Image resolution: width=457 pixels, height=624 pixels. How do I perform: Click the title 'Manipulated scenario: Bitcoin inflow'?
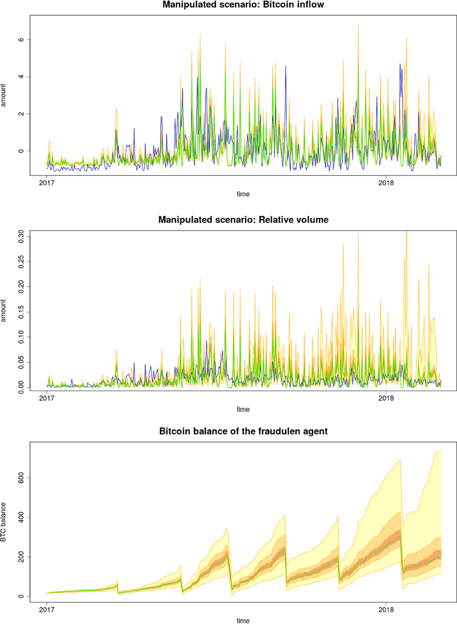click(243, 5)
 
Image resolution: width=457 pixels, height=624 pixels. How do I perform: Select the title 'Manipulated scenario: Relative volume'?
click(243, 220)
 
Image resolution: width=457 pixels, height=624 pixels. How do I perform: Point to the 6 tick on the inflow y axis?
click(21, 40)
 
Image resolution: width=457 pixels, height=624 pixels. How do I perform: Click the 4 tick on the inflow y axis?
click(21, 77)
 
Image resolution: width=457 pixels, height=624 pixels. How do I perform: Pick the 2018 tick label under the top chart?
click(386, 183)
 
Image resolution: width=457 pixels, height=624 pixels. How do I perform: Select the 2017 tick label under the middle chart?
click(47, 398)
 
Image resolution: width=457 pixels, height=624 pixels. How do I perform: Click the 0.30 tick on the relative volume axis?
click(21, 236)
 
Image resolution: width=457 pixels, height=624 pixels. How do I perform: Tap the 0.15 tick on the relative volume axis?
click(21, 312)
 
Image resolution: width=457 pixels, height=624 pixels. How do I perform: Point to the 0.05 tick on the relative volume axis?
click(21, 362)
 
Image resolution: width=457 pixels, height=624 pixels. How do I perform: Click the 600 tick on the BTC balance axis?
click(21, 477)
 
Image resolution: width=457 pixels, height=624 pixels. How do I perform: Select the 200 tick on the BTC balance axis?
click(21, 557)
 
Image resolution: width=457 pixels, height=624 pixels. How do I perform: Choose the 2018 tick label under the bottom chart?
click(386, 610)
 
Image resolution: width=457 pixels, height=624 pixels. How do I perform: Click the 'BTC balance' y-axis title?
click(3, 522)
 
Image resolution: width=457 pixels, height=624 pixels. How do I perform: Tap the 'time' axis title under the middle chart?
click(243, 409)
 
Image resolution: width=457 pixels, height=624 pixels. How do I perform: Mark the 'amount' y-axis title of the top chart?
click(3, 95)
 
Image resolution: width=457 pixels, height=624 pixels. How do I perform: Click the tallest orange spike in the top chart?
click(358, 24)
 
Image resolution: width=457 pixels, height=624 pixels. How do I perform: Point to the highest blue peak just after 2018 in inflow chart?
click(400, 64)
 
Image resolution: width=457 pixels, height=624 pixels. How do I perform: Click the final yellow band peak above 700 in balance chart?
click(440, 451)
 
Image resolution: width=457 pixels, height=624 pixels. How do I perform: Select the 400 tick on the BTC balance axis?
click(21, 517)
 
